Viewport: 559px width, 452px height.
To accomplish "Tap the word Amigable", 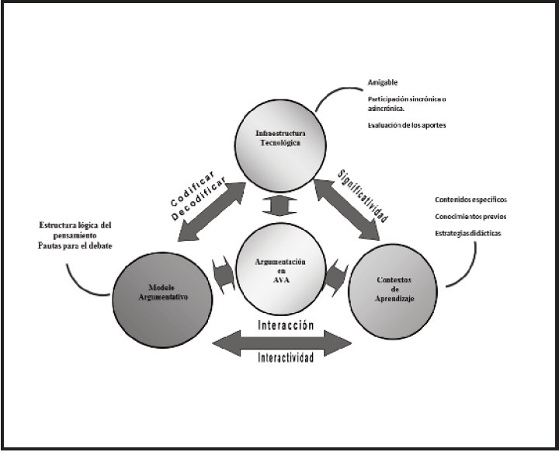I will (384, 82).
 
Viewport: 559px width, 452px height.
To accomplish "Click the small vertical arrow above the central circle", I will (277, 207).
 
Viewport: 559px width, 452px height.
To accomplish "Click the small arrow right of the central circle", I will (335, 273).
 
